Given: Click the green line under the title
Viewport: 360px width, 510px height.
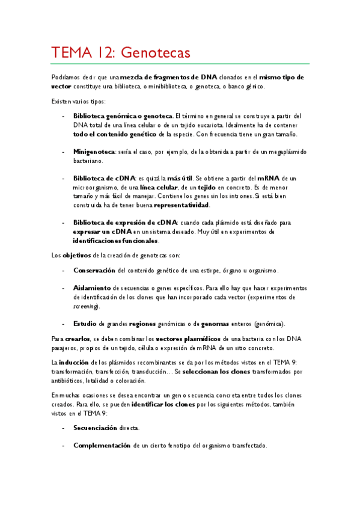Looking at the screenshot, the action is (x=180, y=64).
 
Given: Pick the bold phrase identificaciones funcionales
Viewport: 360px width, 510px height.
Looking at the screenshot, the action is (x=116, y=241).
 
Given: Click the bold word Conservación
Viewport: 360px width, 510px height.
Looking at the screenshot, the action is (x=95, y=271).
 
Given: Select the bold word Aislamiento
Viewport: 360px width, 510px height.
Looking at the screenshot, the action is (x=92, y=288).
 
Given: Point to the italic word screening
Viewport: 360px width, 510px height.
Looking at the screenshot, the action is (x=86, y=306).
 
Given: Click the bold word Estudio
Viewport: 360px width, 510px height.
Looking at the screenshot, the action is (x=85, y=324).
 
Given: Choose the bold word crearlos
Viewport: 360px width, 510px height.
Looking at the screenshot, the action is (x=78, y=339).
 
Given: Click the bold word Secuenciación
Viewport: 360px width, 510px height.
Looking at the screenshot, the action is (x=96, y=428).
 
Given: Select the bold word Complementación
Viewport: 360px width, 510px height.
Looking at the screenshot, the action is (x=102, y=446).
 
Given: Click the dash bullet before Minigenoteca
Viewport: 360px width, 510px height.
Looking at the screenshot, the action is (x=64, y=152).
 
